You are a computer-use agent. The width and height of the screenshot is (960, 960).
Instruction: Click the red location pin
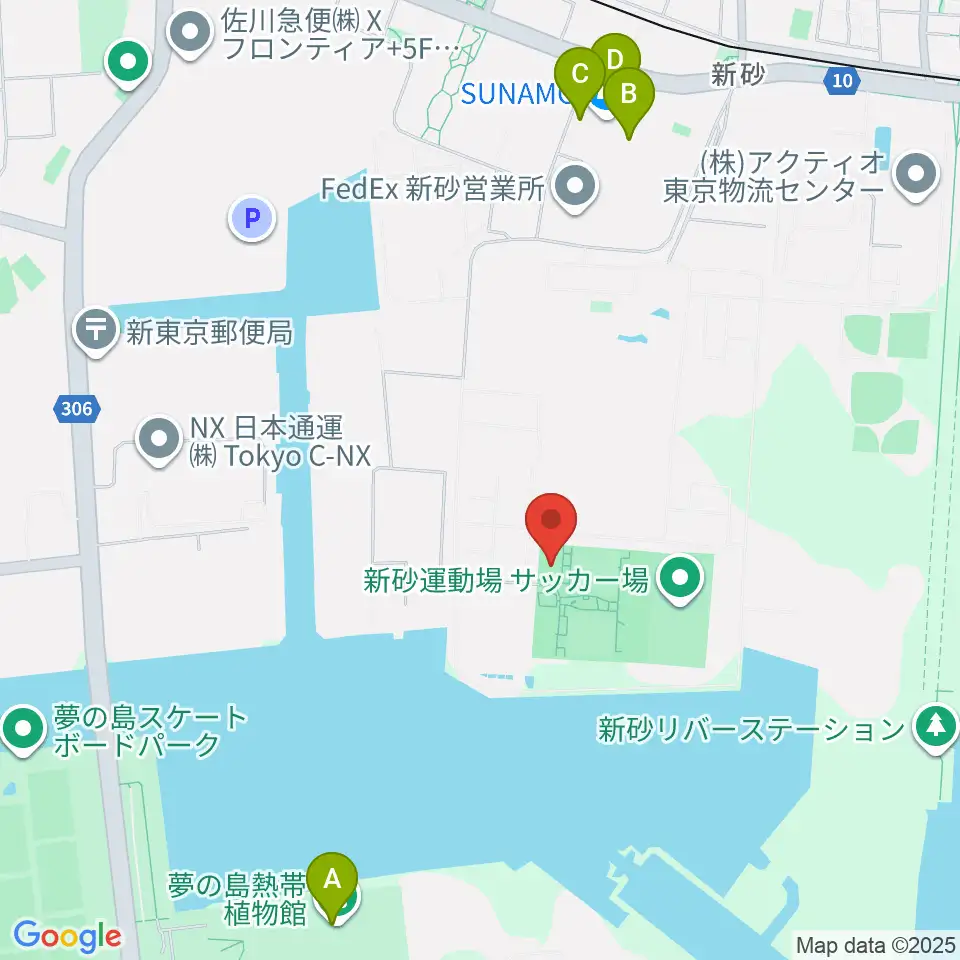(551, 521)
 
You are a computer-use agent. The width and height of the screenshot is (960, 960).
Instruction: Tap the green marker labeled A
(332, 881)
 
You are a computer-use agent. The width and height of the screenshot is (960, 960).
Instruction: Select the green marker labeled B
(629, 95)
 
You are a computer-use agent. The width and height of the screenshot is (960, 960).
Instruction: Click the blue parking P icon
(252, 216)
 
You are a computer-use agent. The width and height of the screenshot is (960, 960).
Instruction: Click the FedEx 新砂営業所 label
(431, 189)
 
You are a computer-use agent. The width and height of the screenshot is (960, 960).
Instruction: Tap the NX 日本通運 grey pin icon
(158, 441)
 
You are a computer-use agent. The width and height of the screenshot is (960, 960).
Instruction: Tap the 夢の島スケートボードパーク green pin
(23, 731)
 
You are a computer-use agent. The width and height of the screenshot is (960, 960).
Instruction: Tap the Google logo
(67, 936)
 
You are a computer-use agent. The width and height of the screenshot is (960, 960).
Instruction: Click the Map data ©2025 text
(876, 945)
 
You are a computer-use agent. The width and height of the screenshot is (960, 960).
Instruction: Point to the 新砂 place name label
(738, 73)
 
